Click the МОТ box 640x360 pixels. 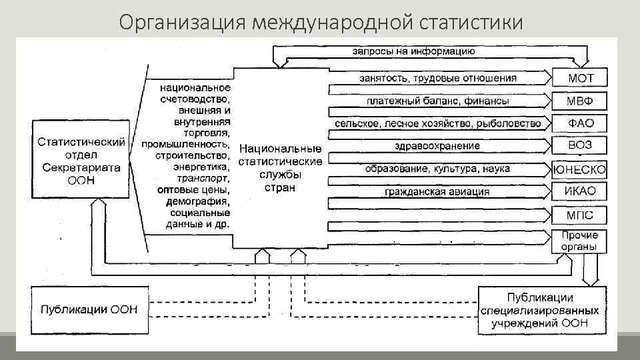point(580,78)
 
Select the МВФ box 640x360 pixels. point(580,101)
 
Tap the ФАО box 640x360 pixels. point(580,123)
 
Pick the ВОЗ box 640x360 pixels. point(580,145)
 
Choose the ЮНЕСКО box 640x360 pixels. point(580,169)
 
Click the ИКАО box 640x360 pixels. point(580,192)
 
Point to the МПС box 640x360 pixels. point(580,215)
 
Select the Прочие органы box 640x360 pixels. point(580,241)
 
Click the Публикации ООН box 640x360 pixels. point(89,309)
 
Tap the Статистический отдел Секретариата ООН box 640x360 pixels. point(81,160)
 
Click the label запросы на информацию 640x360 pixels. point(413,51)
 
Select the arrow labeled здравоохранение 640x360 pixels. point(437,146)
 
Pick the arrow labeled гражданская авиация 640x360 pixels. point(437,192)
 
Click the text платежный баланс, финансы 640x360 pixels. point(437,101)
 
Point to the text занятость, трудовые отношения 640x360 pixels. point(437,78)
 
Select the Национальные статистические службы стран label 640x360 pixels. point(280,167)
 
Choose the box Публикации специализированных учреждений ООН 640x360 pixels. point(542,310)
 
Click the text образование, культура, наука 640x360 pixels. point(437,169)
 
